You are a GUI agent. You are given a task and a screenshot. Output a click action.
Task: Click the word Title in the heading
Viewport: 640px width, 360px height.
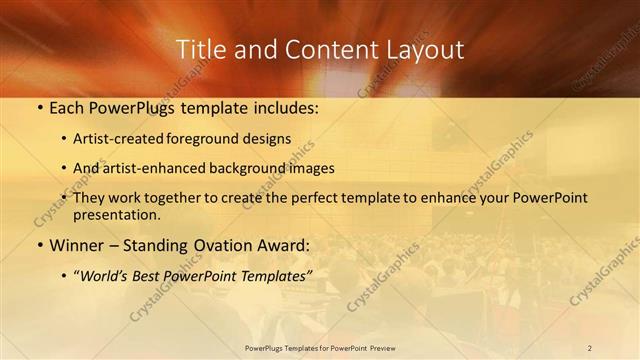tap(197, 49)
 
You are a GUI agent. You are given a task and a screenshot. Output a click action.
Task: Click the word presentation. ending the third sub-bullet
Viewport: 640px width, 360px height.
tap(117, 214)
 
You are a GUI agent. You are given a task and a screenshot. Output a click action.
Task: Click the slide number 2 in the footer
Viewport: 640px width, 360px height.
tap(589, 348)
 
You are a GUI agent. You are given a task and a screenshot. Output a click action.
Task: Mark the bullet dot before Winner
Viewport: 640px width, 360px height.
tap(39, 245)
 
